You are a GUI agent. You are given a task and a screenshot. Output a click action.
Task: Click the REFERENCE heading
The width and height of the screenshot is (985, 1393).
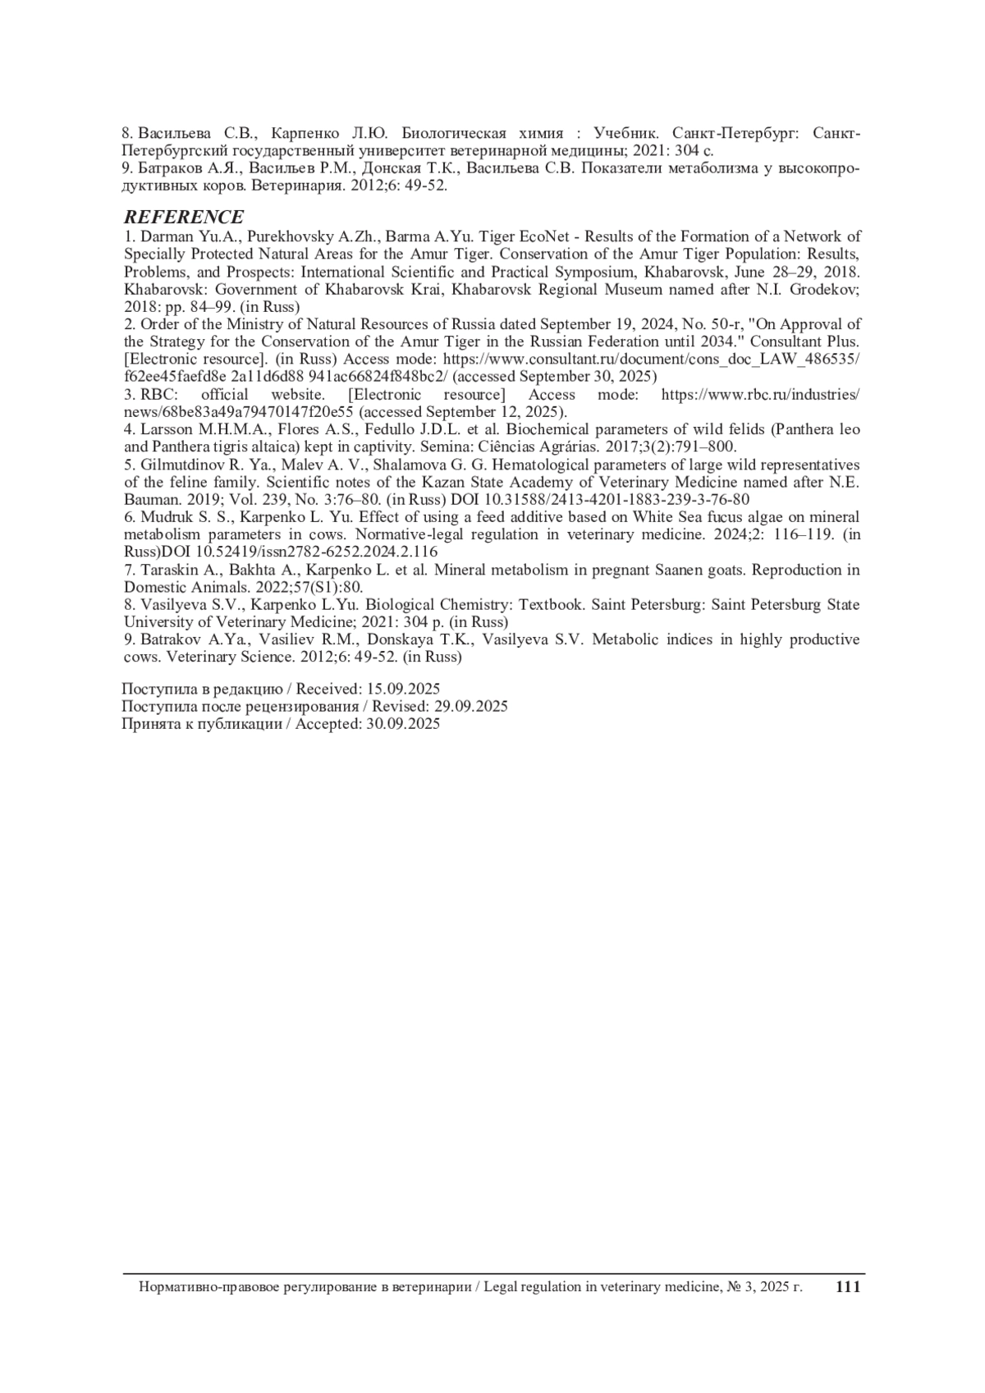[183, 217]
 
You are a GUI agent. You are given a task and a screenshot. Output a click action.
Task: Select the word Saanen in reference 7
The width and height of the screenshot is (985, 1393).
[684, 570]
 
